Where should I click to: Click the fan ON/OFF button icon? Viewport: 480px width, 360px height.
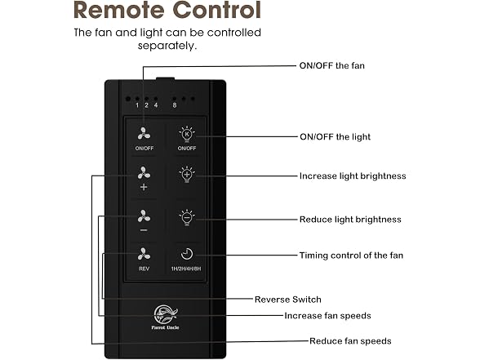click(x=144, y=134)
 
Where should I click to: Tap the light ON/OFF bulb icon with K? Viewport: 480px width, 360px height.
click(x=187, y=134)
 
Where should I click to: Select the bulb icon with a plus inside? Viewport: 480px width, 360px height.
click(x=187, y=175)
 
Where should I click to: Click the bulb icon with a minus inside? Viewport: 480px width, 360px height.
click(x=187, y=218)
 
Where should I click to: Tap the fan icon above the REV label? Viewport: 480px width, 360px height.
click(x=144, y=254)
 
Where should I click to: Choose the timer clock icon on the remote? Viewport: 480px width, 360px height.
click(x=187, y=254)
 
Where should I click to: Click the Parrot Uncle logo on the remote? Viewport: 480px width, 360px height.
click(x=165, y=317)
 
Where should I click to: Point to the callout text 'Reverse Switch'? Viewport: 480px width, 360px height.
click(x=287, y=300)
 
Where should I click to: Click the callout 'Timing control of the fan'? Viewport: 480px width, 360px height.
click(x=351, y=256)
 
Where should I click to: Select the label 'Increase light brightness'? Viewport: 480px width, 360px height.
click(x=353, y=176)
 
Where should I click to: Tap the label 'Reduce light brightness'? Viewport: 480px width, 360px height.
click(x=350, y=220)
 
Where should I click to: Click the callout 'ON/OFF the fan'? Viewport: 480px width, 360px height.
click(x=331, y=65)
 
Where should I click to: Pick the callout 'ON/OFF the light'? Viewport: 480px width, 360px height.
click(x=335, y=136)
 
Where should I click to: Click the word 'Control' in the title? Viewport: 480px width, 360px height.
click(x=217, y=10)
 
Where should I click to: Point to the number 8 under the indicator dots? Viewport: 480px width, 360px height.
click(x=175, y=105)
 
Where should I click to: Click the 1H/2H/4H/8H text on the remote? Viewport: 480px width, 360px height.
click(x=186, y=269)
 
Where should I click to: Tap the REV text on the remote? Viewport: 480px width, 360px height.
click(x=144, y=269)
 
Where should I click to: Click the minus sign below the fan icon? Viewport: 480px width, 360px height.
click(x=144, y=230)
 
